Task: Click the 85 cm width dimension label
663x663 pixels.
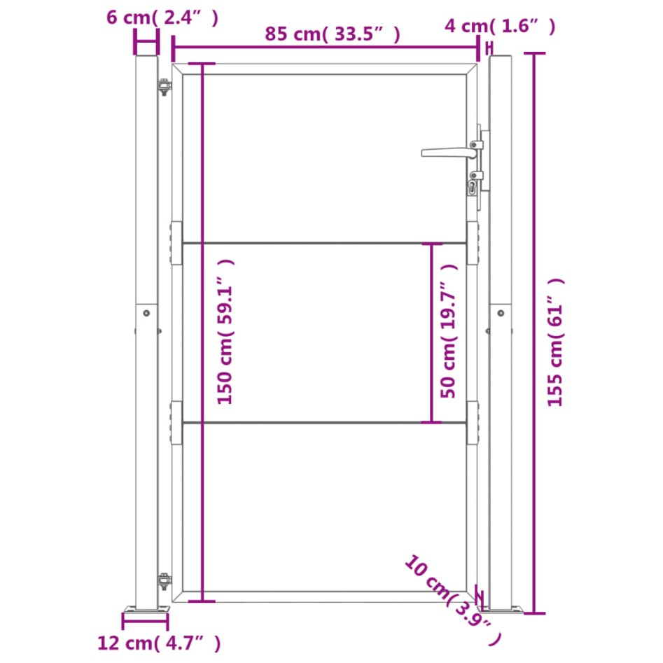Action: (333, 34)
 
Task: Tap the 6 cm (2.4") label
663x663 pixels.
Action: (162, 18)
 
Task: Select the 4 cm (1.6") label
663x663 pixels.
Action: (500, 26)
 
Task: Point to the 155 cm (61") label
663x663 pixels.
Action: (555, 342)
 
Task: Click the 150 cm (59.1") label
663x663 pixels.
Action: (225, 332)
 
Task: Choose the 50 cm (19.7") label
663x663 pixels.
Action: (448, 330)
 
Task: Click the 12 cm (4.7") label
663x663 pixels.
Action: (159, 643)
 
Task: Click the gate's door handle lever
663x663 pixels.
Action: (449, 152)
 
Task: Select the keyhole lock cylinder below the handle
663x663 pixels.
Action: (472, 188)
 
